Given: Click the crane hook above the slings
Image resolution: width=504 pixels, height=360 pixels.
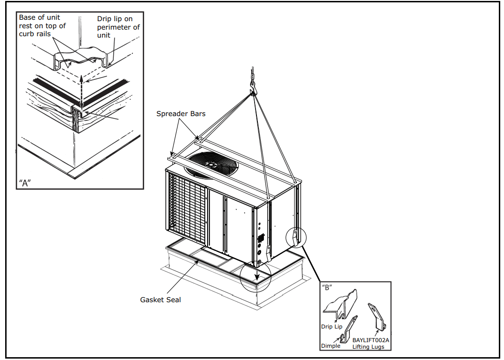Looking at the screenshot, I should click(254, 88).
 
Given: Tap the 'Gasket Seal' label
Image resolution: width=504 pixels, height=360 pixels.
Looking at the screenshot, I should click(160, 299).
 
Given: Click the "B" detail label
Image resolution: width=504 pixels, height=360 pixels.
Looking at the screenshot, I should click(327, 287).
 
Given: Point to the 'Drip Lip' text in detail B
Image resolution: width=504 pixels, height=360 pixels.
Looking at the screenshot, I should click(332, 326).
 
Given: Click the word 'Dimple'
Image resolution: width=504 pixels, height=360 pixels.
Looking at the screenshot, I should click(331, 346).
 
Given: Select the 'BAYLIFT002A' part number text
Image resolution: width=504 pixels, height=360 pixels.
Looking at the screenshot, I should click(371, 340).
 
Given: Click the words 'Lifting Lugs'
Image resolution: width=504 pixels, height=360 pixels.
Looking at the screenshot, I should click(368, 347).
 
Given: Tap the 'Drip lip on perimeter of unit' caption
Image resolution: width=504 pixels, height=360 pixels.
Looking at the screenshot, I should click(117, 27).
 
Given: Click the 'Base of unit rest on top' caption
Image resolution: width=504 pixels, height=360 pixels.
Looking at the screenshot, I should click(42, 25).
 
